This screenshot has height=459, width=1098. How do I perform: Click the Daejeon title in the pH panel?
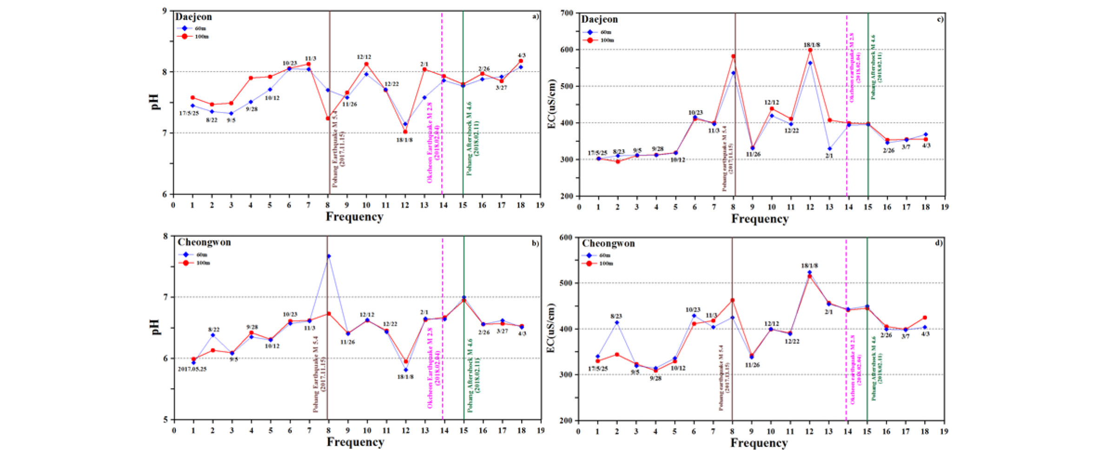(193, 17)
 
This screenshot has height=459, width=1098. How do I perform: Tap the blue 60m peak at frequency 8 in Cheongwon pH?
(329, 256)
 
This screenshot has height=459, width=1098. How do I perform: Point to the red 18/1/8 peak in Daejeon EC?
(810, 50)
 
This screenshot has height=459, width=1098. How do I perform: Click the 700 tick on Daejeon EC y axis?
(567, 13)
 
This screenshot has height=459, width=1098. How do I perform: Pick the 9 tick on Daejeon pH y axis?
(164, 10)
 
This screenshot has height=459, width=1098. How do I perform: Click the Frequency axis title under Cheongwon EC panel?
(759, 443)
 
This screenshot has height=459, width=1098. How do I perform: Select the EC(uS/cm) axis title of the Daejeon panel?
(552, 104)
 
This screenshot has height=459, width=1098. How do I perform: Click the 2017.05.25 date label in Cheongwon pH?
(192, 369)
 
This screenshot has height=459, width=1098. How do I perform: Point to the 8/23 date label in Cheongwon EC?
(617, 316)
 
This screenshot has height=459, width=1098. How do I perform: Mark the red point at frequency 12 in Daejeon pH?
(405, 132)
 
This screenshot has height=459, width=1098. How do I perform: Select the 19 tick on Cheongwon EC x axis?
(944, 431)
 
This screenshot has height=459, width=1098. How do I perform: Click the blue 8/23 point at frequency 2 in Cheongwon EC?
(617, 322)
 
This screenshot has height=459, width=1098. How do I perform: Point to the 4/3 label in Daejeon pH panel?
(522, 55)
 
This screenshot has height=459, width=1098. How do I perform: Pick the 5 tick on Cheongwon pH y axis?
(165, 420)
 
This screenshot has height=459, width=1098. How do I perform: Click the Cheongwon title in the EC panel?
(608, 243)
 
